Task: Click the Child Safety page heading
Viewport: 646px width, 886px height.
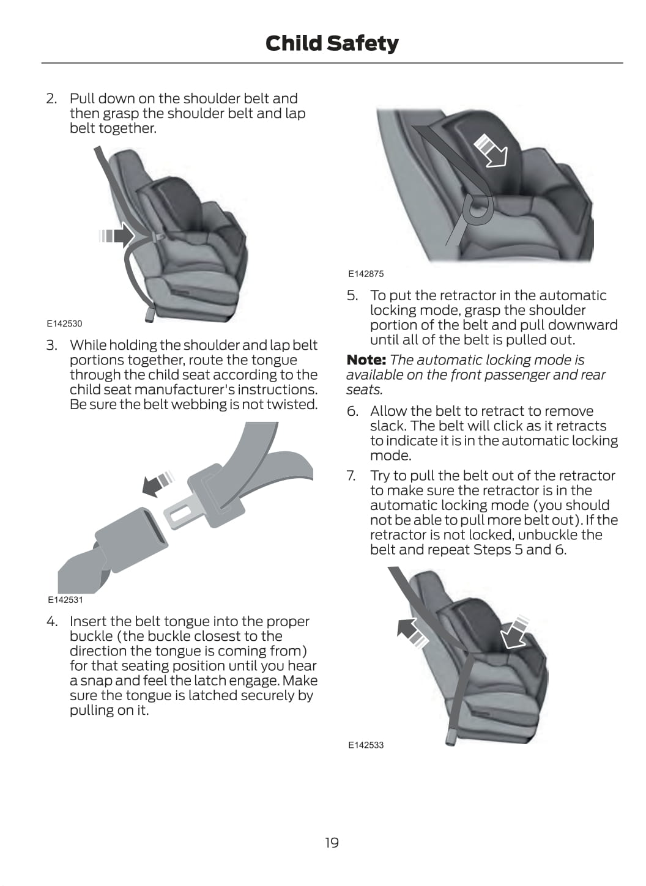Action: pyautogui.click(x=332, y=43)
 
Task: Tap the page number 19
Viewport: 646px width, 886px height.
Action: pyautogui.click(x=332, y=843)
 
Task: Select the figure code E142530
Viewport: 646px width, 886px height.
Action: pyautogui.click(x=64, y=323)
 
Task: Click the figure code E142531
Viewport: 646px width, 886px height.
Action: pyautogui.click(x=65, y=600)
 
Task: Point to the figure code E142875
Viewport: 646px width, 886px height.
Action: pyautogui.click(x=366, y=274)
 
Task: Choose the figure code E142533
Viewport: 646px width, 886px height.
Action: pyautogui.click(x=366, y=745)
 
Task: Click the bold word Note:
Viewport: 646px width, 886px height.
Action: pyautogui.click(x=366, y=360)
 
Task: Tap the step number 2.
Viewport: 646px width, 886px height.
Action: pyautogui.click(x=51, y=98)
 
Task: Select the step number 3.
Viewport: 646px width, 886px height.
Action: pyautogui.click(x=51, y=345)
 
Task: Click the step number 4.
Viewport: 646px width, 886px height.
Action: pyautogui.click(x=51, y=622)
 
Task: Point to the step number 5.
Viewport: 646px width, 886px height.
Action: pyautogui.click(x=352, y=296)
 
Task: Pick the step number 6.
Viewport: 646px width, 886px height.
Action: pyautogui.click(x=352, y=412)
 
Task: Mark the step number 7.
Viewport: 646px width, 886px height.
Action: pyautogui.click(x=351, y=476)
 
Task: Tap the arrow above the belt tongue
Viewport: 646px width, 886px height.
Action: pyautogui.click(x=157, y=483)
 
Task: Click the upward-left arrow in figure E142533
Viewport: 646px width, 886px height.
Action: pyautogui.click(x=411, y=631)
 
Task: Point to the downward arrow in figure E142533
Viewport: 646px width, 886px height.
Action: pyautogui.click(x=514, y=632)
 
